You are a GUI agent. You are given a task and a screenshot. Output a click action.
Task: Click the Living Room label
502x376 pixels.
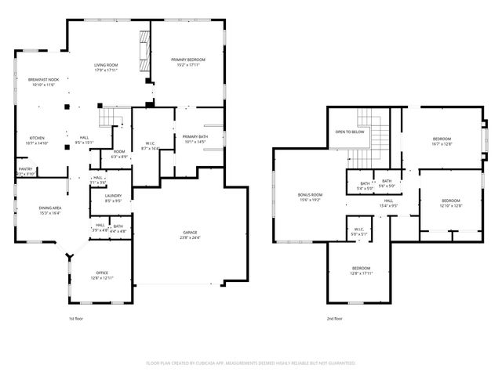click(x=105, y=66)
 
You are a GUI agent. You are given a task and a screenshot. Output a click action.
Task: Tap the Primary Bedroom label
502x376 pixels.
click(x=188, y=60)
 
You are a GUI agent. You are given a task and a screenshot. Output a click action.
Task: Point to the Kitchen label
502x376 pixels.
click(x=37, y=138)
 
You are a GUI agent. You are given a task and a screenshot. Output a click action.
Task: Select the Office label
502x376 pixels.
click(x=102, y=273)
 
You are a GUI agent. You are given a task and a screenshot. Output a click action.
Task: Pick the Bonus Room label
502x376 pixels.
click(x=311, y=194)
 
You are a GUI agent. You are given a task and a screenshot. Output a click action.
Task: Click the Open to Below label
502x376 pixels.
click(x=349, y=132)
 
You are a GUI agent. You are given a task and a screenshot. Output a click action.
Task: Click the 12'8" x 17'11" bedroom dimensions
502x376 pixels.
click(x=361, y=273)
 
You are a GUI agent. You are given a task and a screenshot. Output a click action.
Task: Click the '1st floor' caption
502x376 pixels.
click(x=76, y=319)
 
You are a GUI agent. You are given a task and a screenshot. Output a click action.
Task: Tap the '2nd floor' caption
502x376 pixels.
click(x=335, y=319)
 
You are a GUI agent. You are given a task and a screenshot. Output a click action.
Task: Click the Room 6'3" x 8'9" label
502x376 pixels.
click(x=119, y=154)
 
